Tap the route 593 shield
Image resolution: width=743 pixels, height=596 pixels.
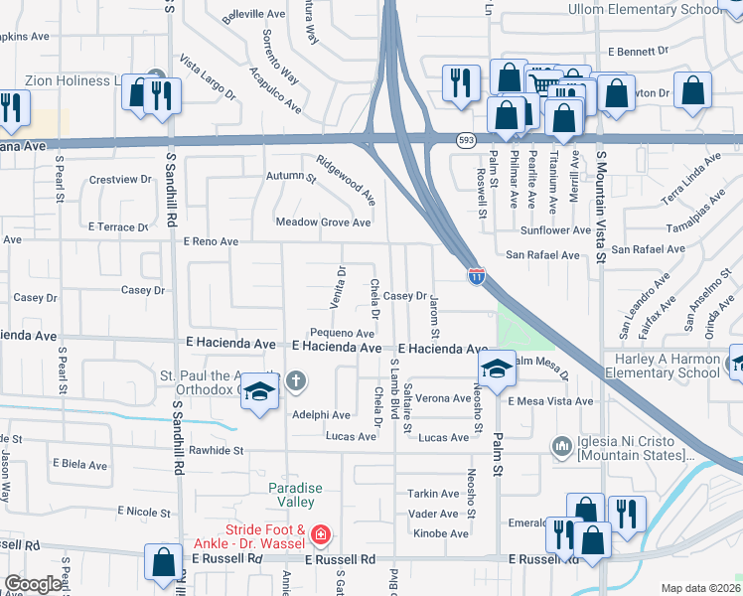466,141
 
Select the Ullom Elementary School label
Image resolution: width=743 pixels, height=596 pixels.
645,10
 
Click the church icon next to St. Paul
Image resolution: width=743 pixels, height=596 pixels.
295,381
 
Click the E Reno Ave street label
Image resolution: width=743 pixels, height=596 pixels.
212,241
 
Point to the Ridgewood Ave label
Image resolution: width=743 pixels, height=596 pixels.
346,179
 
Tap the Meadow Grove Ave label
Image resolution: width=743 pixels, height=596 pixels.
323,223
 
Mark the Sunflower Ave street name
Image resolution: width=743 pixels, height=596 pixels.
556,230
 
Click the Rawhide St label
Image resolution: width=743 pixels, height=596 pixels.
218,450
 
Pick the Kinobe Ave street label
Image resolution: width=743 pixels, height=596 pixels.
438,533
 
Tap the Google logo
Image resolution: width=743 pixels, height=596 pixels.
33,584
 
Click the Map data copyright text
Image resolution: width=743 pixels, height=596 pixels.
701,588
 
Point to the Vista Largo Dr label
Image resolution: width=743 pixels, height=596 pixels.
207,77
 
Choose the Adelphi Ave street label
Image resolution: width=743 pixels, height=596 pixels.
321,414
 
